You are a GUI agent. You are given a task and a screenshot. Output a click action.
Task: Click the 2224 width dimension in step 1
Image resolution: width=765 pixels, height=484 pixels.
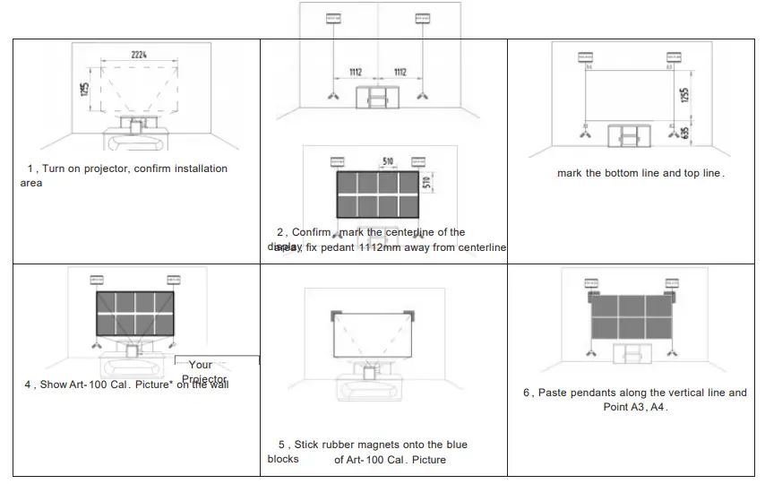[x=139, y=56]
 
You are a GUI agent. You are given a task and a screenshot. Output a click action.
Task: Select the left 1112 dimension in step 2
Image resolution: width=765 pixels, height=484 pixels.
[x=357, y=73]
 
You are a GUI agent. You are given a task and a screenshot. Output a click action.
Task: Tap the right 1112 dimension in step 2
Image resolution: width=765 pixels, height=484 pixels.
[x=400, y=73]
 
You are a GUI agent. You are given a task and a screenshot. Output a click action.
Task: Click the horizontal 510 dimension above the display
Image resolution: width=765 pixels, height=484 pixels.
[x=388, y=161]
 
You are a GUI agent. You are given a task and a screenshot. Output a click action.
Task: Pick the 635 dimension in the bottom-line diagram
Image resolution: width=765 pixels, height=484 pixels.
[x=684, y=133]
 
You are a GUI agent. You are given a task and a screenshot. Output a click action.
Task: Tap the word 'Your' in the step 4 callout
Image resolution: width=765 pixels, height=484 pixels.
[x=201, y=365]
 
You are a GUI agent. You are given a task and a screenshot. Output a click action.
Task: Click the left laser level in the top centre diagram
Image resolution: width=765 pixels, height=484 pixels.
[x=334, y=17]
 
